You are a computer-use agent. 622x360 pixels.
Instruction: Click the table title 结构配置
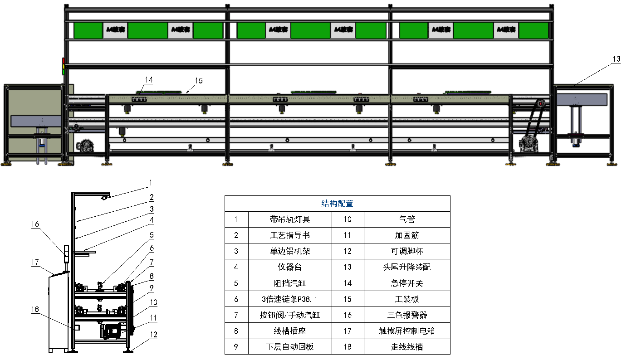tap(337, 204)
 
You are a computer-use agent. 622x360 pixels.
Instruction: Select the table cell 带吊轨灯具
tap(290, 219)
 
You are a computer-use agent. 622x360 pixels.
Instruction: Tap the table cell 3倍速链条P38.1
tap(290, 299)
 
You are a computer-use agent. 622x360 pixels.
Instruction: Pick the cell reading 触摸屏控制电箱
tap(407, 331)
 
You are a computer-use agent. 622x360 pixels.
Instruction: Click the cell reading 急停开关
tap(407, 283)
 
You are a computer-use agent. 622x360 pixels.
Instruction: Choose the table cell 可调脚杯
tap(407, 251)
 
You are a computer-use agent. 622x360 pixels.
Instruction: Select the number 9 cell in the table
tap(236, 347)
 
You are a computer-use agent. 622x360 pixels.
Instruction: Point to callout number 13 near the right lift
tap(616, 59)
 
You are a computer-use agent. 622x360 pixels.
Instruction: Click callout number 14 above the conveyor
tap(149, 80)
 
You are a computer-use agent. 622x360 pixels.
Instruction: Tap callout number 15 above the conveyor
tap(198, 81)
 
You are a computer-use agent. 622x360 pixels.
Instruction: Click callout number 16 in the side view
tap(35, 224)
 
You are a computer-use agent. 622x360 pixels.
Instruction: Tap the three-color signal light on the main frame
tap(64, 66)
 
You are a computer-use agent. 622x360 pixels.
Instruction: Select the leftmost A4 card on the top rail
tap(116, 30)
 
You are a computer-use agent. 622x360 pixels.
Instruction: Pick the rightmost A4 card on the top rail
tap(506, 30)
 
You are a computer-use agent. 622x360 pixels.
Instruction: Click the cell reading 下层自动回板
tap(290, 347)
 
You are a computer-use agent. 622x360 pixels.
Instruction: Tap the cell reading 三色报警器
tap(407, 315)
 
